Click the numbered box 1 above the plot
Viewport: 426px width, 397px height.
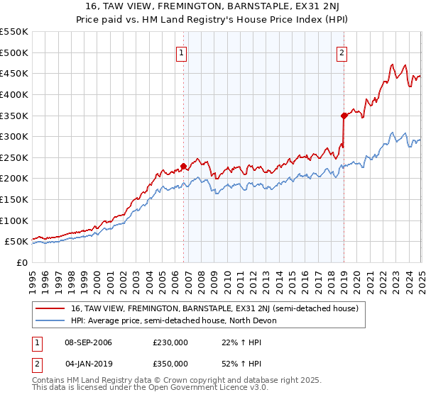(182, 52)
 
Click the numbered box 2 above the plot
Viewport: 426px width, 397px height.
(342, 52)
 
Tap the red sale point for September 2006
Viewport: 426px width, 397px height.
(183, 166)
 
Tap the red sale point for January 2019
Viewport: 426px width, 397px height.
(344, 115)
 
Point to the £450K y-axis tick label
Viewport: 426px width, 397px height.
(14, 73)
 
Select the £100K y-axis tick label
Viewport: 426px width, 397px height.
(14, 220)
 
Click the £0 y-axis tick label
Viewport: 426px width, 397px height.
(22, 262)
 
